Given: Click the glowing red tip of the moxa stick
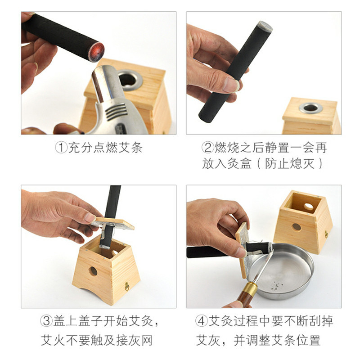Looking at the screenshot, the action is pos(96,52).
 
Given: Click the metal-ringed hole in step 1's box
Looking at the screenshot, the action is pos(130,80).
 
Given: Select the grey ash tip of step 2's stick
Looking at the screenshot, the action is pos(265,26).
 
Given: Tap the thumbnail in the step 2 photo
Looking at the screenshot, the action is pos(231,85).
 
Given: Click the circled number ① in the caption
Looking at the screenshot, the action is pos(61,148).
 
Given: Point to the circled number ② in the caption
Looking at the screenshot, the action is pos(208,148).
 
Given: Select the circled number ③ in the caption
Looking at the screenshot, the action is pos(47,320).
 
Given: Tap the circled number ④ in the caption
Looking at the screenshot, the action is pos(201,320).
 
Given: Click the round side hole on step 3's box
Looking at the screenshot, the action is pos(93,271).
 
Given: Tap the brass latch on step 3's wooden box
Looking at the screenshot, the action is pos(127,286).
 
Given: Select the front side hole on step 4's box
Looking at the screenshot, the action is pos(297,227).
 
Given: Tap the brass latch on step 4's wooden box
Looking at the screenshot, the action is pos(326,234).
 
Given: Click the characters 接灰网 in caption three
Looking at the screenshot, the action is pos(135,340).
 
